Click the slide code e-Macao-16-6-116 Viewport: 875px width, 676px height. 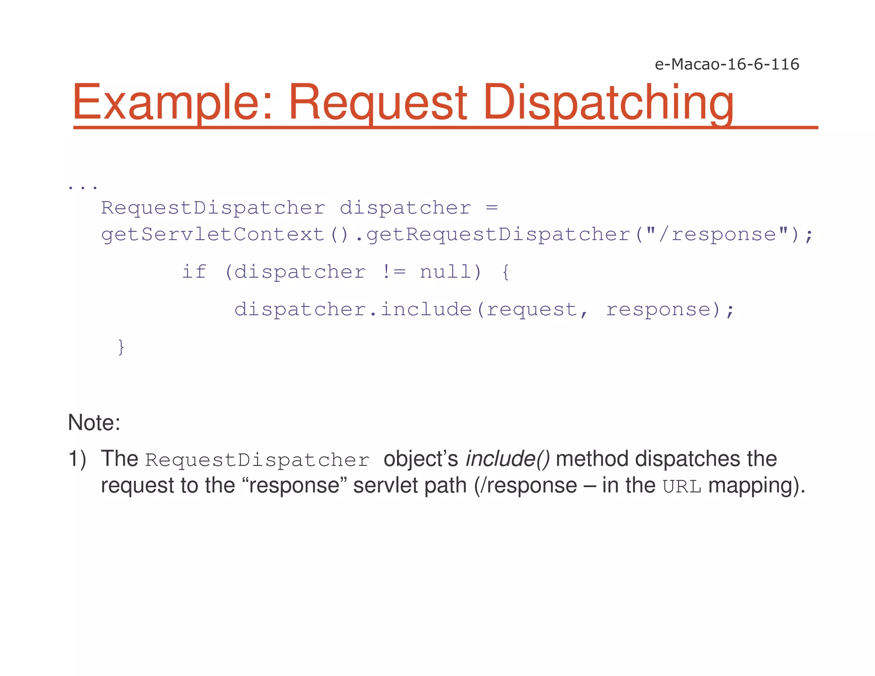[x=727, y=64]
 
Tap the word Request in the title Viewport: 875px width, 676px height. [x=378, y=103]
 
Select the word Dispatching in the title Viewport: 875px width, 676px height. [x=608, y=103]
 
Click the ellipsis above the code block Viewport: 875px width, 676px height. [x=83, y=187]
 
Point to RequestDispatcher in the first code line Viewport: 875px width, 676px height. [x=213, y=208]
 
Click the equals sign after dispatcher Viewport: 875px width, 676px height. [x=492, y=208]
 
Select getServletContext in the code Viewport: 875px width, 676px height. [x=213, y=235]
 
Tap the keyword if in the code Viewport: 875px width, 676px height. [x=194, y=272]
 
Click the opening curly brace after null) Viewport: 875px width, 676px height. [x=505, y=272]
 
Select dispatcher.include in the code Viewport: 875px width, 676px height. [x=352, y=309]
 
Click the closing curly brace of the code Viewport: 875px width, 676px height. [x=121, y=347]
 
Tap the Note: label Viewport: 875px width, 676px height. [x=94, y=423]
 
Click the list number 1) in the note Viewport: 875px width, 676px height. [x=77, y=459]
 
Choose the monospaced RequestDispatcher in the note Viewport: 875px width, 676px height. [x=257, y=460]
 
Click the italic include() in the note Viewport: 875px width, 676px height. [x=508, y=459]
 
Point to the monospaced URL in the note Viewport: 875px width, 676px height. [x=682, y=487]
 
